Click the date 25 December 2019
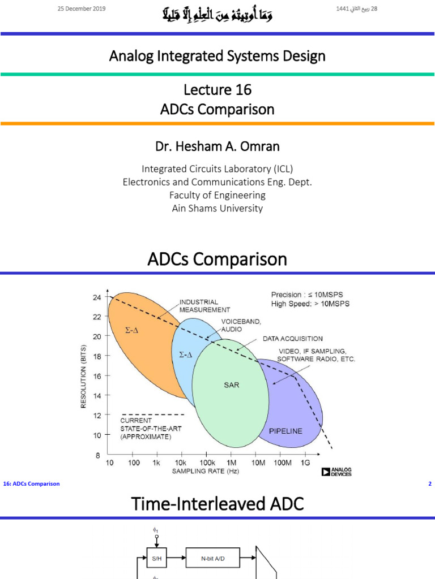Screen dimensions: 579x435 (x=82, y=9)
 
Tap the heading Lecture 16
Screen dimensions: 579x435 (x=217, y=90)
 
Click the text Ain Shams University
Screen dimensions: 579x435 (x=217, y=208)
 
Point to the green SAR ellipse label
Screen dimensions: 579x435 (x=232, y=385)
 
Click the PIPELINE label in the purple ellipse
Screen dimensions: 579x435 (x=285, y=431)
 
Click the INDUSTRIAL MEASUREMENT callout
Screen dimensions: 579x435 (x=204, y=306)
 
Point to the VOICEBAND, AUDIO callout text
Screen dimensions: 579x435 (x=241, y=325)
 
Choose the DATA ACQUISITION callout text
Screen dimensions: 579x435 (x=292, y=339)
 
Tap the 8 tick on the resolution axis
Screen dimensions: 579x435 (x=97, y=455)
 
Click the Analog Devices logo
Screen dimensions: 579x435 (x=336, y=472)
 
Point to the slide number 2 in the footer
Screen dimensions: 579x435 (x=430, y=484)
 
